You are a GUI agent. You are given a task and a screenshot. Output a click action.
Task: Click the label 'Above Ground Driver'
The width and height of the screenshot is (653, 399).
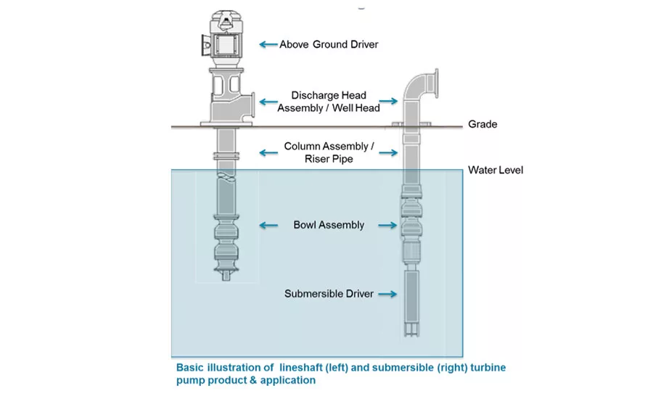coord(329,44)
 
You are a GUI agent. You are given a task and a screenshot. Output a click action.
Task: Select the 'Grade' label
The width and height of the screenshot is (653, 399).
coord(482,124)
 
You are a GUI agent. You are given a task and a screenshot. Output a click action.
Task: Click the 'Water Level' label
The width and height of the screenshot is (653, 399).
coord(496,170)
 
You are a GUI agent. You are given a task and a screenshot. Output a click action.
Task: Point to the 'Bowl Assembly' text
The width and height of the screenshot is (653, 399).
coord(329,225)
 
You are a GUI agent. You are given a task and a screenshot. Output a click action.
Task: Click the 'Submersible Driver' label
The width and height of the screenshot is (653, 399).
coord(329,294)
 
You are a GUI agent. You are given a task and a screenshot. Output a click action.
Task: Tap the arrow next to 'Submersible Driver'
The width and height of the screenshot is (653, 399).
coord(387,294)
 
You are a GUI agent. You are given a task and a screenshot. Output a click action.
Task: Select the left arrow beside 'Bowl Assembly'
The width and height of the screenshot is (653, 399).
coord(268,225)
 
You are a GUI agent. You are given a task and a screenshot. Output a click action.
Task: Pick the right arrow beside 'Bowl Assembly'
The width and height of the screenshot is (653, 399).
coord(389,225)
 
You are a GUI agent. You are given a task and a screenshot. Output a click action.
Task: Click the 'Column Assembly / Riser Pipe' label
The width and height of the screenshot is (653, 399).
coord(329,152)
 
